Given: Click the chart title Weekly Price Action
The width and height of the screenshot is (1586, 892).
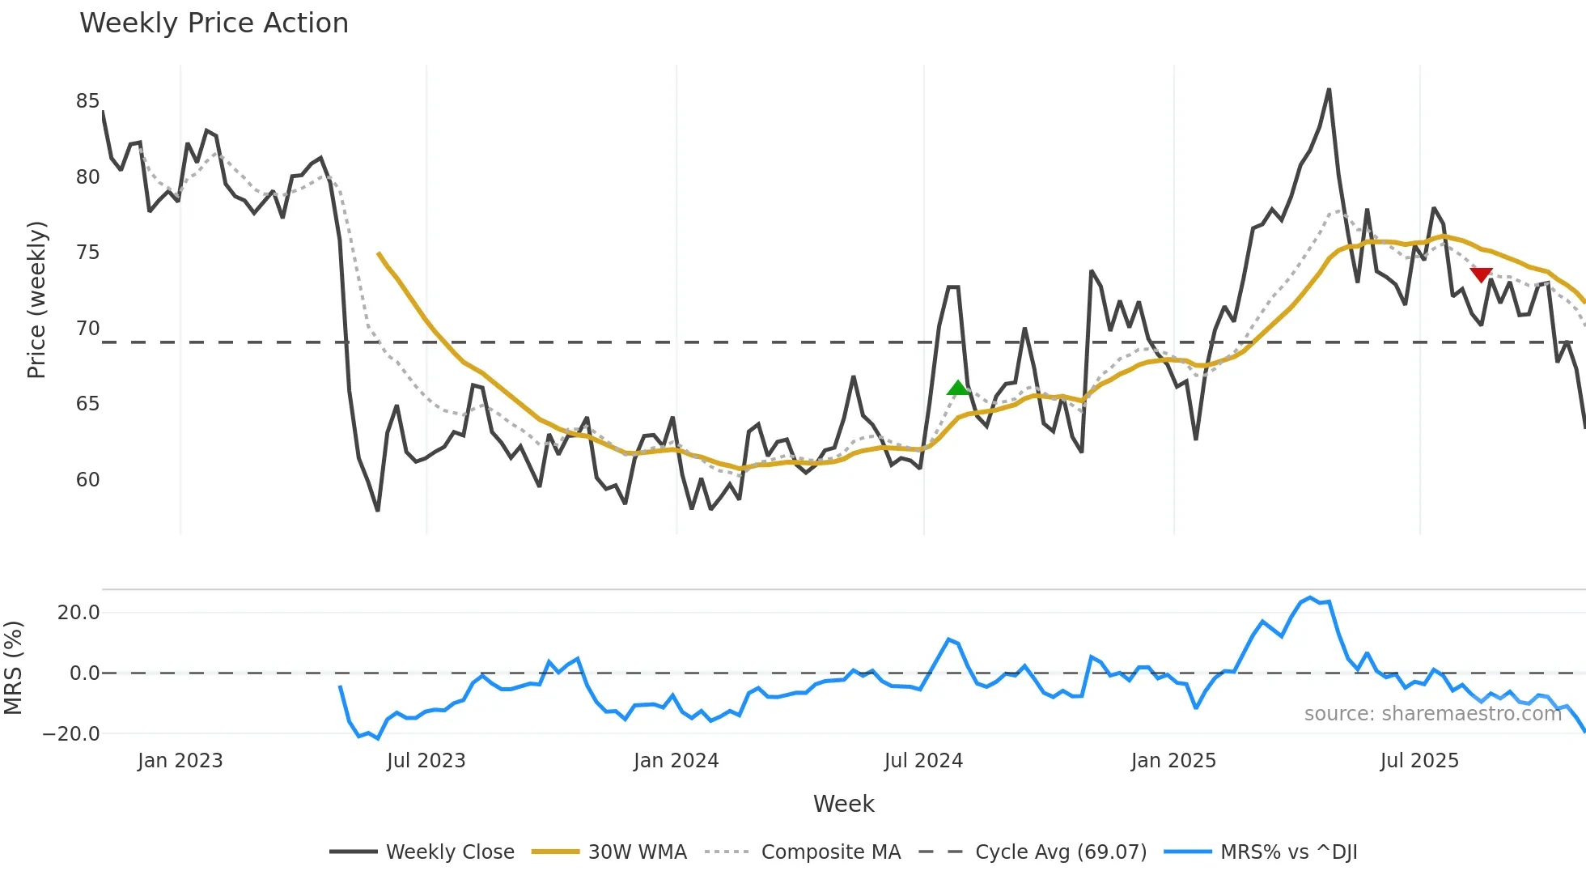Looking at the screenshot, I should click(214, 23).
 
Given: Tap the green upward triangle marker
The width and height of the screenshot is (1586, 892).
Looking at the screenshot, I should click(958, 389).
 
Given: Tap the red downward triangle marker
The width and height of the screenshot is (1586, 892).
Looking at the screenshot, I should click(1481, 275).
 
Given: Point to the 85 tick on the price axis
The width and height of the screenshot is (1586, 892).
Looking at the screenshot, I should click(87, 101).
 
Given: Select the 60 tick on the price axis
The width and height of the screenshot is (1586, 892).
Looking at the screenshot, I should click(87, 480).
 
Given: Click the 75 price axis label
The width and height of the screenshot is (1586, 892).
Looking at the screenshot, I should click(87, 253).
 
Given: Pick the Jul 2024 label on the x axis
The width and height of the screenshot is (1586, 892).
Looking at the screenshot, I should click(923, 761).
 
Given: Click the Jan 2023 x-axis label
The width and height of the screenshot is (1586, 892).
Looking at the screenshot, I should click(180, 761).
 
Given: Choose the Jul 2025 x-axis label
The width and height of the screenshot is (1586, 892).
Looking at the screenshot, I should click(1419, 761).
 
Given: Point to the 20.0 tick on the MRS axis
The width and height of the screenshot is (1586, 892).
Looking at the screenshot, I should click(78, 613).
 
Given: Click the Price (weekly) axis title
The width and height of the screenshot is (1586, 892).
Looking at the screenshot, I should click(36, 299).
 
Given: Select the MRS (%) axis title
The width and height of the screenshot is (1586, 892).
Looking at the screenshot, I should click(13, 668).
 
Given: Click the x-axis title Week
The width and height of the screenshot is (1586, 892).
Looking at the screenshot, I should click(843, 804).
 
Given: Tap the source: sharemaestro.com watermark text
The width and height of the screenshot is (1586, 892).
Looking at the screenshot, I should click(1432, 714).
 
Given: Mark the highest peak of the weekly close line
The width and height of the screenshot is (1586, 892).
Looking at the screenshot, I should click(1329, 90).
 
